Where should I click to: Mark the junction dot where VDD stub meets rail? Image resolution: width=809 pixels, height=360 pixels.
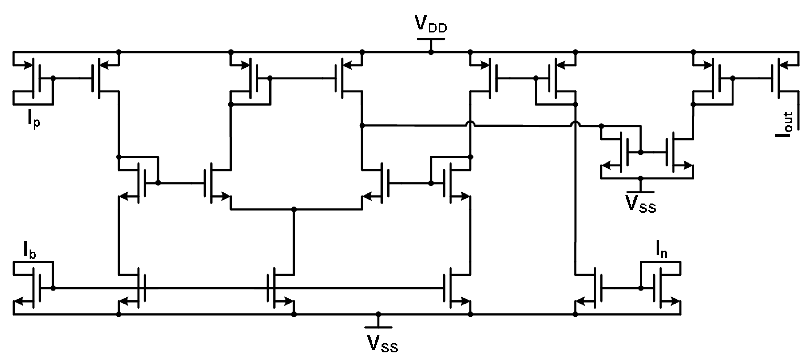coord(431,52)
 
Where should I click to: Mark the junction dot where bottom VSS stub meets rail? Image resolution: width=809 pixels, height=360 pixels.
coord(379,314)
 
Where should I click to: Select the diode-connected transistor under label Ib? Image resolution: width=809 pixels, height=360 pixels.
coord(36,287)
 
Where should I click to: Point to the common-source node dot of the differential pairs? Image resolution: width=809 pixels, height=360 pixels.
coord(294,209)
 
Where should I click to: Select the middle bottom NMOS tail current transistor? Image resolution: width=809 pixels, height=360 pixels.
coord(272,287)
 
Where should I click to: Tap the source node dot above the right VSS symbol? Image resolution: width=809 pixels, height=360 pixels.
coord(641,178)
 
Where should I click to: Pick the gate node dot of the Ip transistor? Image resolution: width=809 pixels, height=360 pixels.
coord(53,78)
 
